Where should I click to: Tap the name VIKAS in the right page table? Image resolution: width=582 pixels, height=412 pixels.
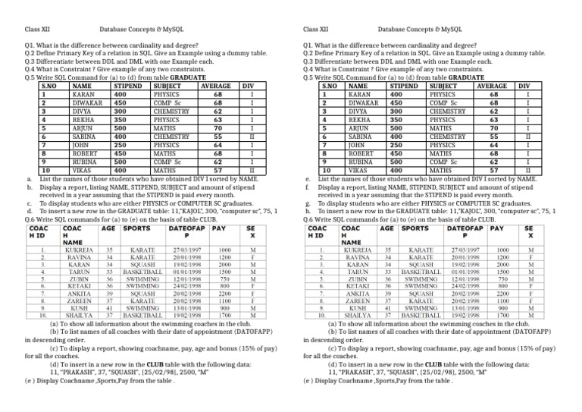[x=359, y=171]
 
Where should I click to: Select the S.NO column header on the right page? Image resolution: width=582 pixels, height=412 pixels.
[x=327, y=86]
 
